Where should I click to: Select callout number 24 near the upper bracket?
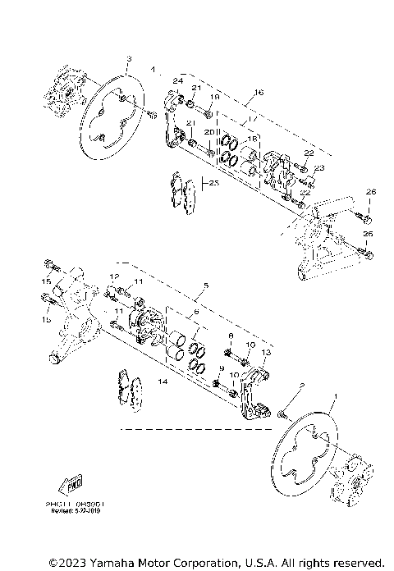176,80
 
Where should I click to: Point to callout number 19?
214,97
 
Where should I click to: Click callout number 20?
208,131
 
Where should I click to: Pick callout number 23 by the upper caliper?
320,167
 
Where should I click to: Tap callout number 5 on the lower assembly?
207,286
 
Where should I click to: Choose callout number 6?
195,313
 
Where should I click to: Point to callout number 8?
231,336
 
